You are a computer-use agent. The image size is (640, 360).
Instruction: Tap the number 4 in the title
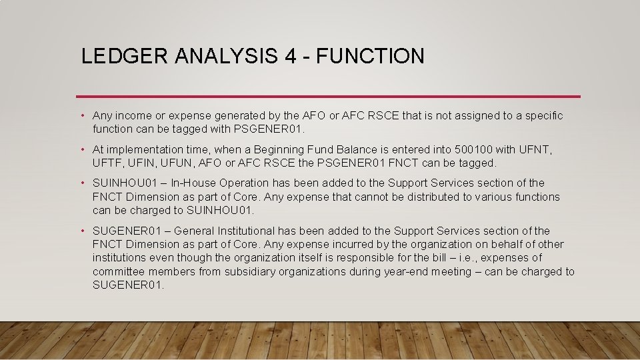tap(291, 56)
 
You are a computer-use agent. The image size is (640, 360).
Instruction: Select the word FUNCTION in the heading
tap(371, 56)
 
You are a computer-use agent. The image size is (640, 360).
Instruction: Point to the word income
tap(131, 116)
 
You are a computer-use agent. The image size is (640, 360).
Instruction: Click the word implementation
tap(143, 149)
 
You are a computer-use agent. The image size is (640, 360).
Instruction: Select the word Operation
tap(241, 183)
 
